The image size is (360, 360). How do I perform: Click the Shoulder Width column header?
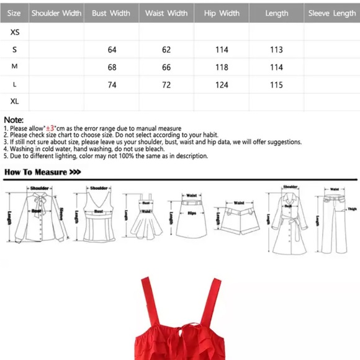(x=56, y=13)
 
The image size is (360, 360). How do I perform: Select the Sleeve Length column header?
(x=331, y=13)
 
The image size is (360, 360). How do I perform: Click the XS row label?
(x=16, y=32)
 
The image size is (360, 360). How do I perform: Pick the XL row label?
(x=16, y=101)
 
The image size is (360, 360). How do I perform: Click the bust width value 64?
(x=112, y=50)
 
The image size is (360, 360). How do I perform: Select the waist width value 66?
(x=166, y=67)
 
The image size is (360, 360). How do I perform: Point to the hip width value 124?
(x=222, y=85)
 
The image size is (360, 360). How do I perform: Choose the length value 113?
(x=276, y=50)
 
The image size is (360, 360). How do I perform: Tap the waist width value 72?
(x=166, y=85)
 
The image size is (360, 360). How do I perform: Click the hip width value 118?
(x=222, y=67)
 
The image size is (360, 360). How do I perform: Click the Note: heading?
(x=14, y=120)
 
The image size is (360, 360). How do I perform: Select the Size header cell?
(x=14, y=13)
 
